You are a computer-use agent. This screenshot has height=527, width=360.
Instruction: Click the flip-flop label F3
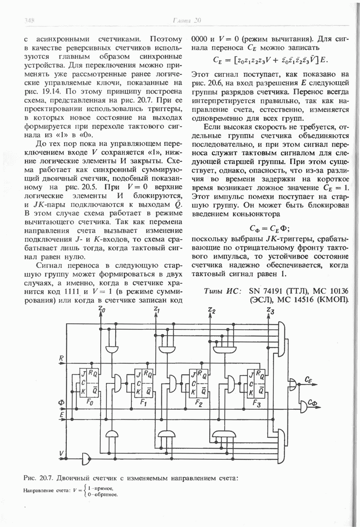pos(258,403)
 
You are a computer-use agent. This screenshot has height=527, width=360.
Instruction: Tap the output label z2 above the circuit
pos(212,310)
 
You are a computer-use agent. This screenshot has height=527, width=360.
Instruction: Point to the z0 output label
pos(102,310)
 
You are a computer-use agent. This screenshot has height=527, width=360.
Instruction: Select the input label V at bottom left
pos(62,453)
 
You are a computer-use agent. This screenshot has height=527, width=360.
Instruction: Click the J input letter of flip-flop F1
pos(138,375)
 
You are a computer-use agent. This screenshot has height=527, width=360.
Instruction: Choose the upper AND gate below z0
pos(113,348)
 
